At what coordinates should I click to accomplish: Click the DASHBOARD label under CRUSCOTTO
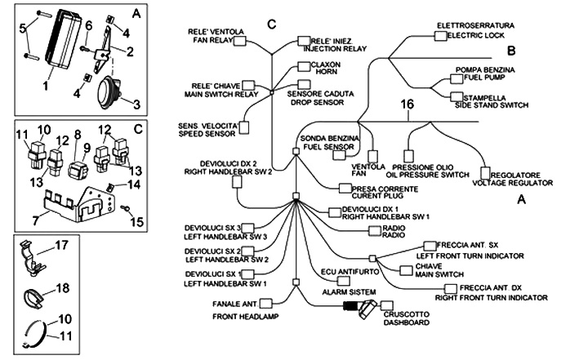pos(405,322)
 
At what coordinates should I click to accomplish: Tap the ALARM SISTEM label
pos(349,291)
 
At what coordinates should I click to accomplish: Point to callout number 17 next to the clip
pos(60,244)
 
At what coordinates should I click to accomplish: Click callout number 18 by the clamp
pos(60,288)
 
